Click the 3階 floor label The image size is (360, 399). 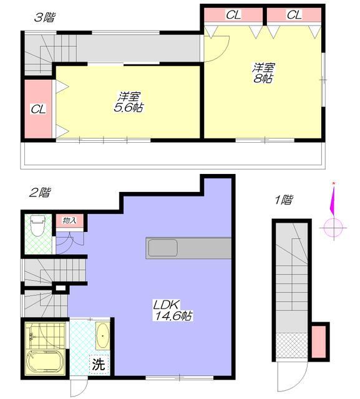click(44, 18)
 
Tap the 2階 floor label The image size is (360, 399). click(39, 193)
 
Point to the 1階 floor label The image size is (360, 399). click(283, 199)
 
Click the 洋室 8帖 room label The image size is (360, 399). click(263, 73)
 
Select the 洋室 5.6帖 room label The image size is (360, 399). click(129, 102)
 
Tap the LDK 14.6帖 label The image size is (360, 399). click(173, 310)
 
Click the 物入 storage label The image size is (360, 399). click(69, 220)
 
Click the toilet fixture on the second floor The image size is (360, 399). click(37, 226)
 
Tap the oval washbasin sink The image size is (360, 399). click(102, 336)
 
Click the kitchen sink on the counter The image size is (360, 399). click(163, 248)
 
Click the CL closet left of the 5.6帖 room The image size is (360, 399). click(38, 110)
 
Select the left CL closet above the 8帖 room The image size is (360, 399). click(233, 15)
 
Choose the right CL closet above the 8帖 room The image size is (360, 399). click(294, 15)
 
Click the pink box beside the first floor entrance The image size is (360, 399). click(319, 342)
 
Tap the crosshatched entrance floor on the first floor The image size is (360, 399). click(292, 345)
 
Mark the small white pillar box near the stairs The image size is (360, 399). click(61, 288)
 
